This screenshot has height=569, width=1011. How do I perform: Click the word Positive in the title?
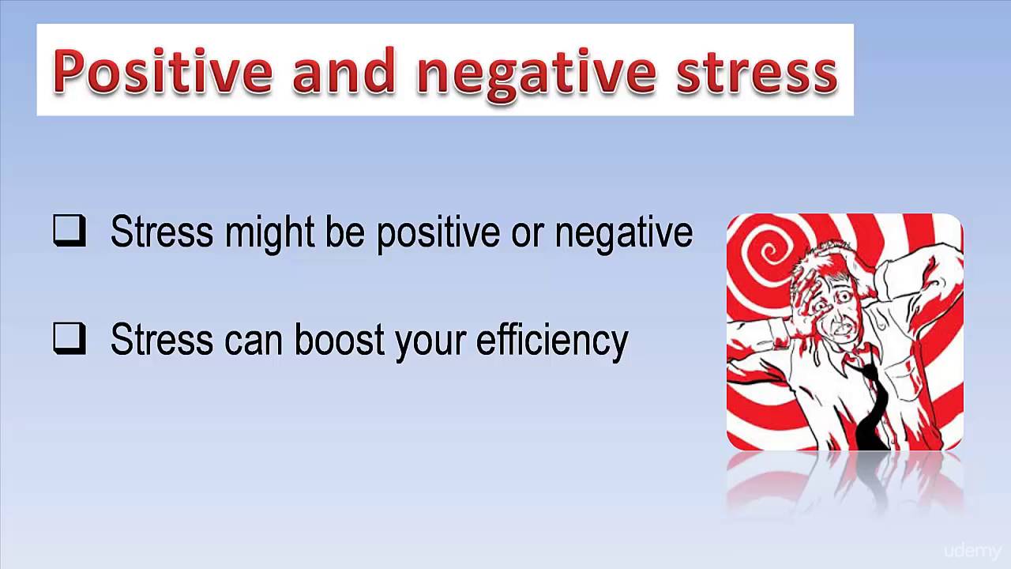pyautogui.click(x=163, y=71)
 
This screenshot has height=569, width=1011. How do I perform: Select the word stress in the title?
pyautogui.click(x=757, y=71)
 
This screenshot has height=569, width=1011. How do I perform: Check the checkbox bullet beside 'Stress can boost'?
pyautogui.click(x=70, y=339)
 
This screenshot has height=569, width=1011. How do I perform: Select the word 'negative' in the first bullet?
pyautogui.click(x=624, y=232)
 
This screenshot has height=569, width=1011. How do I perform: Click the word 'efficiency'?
pyautogui.click(x=552, y=340)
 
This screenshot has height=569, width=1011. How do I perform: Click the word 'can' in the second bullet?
pyautogui.click(x=255, y=340)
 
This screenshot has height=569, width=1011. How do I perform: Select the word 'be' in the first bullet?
pyautogui.click(x=347, y=232)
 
